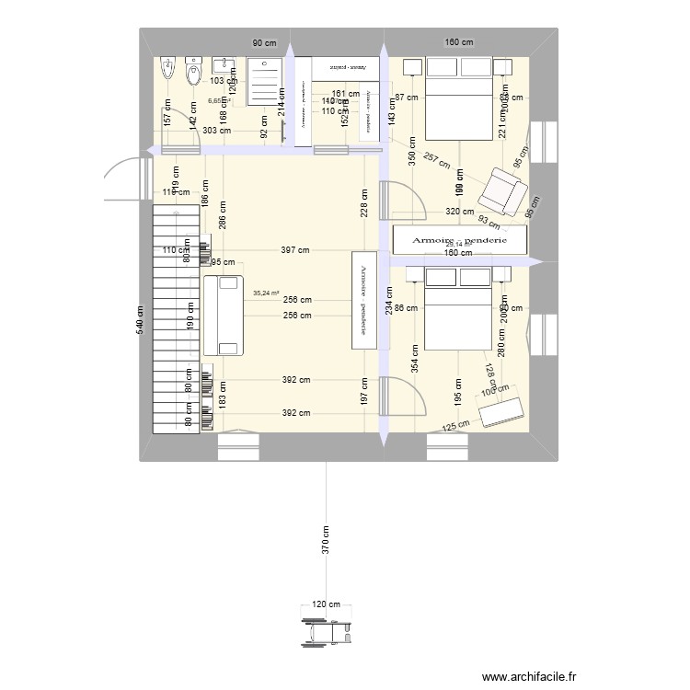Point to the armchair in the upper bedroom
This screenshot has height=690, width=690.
coord(502,190)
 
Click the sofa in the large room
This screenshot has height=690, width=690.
coord(225,315)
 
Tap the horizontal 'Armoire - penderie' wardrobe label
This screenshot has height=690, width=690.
coord(460,239)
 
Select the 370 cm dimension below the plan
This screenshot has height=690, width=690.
coord(325,543)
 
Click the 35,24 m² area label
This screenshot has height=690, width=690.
coord(266,293)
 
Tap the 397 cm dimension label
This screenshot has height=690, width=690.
coord(296,250)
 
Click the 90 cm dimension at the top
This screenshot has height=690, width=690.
coord(264,42)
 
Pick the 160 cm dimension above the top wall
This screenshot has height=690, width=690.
coord(458,42)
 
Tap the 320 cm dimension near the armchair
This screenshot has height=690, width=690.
coord(460,212)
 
